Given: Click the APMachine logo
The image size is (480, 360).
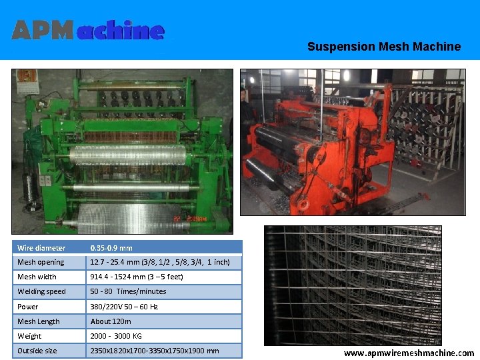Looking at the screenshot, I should click(88, 30).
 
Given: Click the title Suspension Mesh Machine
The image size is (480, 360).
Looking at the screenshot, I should click(383, 47).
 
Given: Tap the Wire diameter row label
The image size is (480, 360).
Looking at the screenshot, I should click(41, 248).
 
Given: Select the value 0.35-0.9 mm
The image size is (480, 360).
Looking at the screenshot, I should click(111, 248).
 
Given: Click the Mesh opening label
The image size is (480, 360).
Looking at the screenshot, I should click(41, 263).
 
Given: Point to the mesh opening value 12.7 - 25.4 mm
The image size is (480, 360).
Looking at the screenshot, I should click(160, 263).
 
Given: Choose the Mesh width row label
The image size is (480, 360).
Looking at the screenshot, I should click(37, 277).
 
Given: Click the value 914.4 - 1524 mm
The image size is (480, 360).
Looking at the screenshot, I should click(137, 277).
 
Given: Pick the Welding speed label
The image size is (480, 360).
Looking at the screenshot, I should click(41, 292).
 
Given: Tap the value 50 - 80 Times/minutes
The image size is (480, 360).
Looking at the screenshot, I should click(128, 292).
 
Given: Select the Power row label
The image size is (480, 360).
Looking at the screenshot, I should click(28, 307).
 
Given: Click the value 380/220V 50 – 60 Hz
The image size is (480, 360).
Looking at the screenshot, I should click(124, 307).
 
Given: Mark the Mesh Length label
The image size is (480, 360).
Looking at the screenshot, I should click(39, 322).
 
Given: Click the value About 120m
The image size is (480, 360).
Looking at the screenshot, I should click(111, 322).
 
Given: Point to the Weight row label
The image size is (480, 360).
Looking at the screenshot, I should click(29, 337).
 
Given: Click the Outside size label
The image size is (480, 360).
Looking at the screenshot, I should click(37, 351).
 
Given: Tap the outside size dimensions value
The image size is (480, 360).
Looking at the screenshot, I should click(155, 351).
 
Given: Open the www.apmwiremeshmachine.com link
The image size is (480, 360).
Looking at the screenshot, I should click(409, 353).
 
